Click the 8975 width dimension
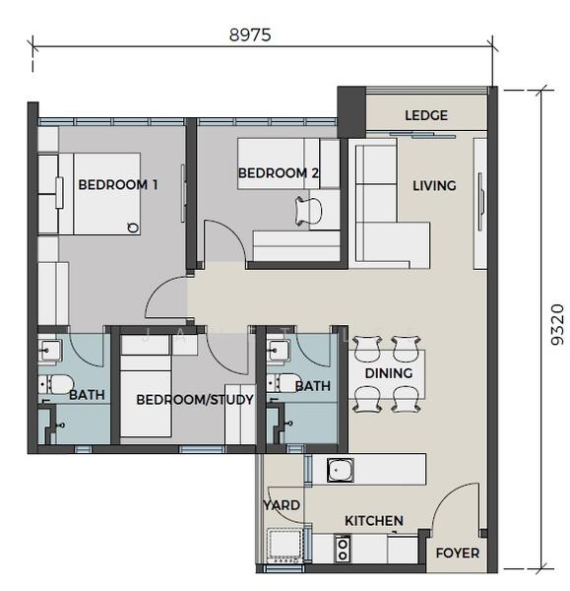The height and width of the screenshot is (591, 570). click(x=250, y=35)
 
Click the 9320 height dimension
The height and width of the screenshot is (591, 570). click(x=557, y=324)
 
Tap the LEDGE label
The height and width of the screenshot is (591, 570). click(x=426, y=115)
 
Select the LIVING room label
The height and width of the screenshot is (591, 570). click(x=434, y=185)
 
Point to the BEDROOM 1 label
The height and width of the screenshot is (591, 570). click(x=117, y=185)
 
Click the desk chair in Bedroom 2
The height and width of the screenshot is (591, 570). click(x=308, y=211)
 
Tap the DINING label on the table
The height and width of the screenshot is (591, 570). click(x=389, y=373)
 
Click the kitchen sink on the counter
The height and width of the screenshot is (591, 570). click(x=341, y=470)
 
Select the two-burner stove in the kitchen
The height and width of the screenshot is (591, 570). click(x=343, y=549)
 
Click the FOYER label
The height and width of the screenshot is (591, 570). click(x=458, y=553)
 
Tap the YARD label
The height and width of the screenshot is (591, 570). click(x=282, y=505)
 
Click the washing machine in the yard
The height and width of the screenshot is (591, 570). click(x=285, y=545)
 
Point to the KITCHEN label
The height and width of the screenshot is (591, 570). click(x=374, y=521)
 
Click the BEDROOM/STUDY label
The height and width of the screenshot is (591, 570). click(x=195, y=400)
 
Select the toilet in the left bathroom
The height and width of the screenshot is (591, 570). click(x=56, y=384)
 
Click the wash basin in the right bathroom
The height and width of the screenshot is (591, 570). click(x=279, y=351)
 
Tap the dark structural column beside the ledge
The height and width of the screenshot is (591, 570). click(x=351, y=112)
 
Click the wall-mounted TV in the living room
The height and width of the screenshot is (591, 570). click(x=480, y=202)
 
